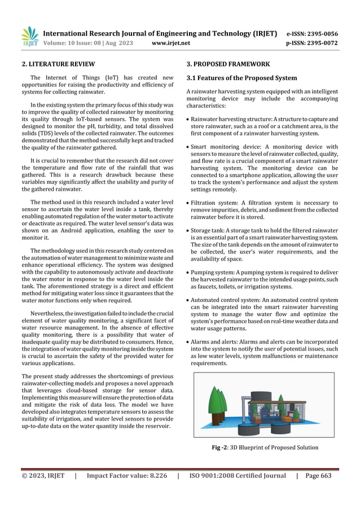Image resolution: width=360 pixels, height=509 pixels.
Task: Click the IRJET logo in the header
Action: [x=29, y=37]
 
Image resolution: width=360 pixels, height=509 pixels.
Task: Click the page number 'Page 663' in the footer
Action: [x=318, y=476]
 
